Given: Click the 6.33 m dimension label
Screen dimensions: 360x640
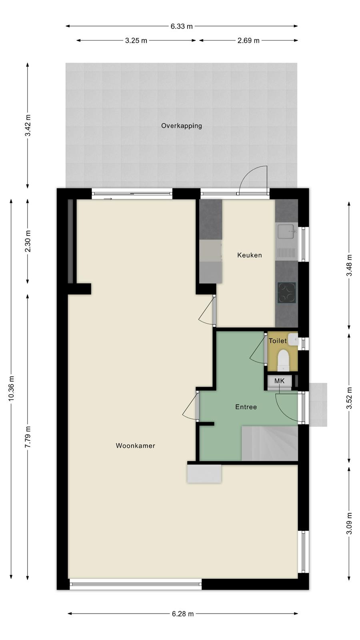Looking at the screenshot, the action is tap(182, 26).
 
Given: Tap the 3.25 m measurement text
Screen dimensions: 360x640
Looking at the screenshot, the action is tap(136, 40).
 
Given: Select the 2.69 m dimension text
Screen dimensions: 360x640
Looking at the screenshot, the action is tap(248, 40).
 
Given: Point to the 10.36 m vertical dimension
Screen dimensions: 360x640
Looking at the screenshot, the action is tap(11, 388).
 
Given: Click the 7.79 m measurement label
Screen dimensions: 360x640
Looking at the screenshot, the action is tap(28, 437).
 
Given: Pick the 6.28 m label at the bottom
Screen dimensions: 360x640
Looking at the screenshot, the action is tap(183, 614).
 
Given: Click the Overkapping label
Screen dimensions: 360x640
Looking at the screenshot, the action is tap(182, 126).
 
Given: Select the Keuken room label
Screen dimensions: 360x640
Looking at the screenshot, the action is tap(250, 255).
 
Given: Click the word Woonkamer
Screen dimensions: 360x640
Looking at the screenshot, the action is tap(136, 446).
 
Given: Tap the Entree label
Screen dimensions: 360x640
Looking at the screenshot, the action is tap(246, 407).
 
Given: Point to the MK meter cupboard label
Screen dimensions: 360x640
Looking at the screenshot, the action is tap(279, 381).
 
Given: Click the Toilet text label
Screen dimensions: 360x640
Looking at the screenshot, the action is tap(278, 340).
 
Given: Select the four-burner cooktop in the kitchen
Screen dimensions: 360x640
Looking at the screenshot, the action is tap(287, 293).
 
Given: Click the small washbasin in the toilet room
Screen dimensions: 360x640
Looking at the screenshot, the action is tap(293, 339).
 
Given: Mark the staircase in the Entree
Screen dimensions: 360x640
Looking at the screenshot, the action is tap(270, 443).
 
